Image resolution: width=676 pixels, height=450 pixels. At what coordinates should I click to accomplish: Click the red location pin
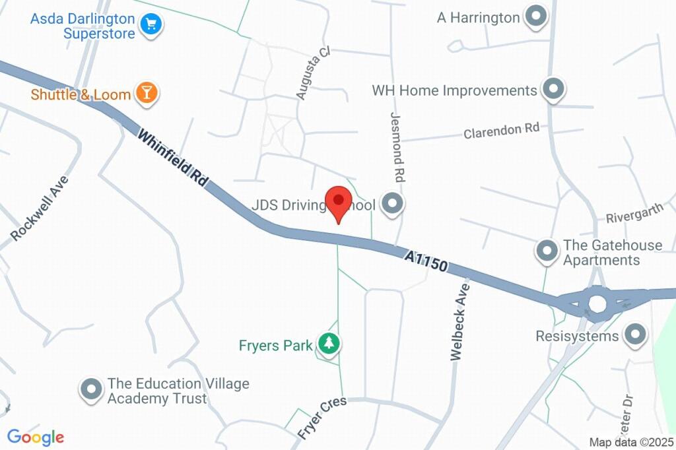coord(339,201)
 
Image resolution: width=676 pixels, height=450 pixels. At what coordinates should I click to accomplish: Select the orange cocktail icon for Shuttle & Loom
coord(146,94)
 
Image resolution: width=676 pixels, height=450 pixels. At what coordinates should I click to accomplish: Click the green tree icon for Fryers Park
coord(328,343)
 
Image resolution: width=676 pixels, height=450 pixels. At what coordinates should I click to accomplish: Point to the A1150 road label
coord(426,260)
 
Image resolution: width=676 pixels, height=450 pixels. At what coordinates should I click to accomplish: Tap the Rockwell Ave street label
coord(40,207)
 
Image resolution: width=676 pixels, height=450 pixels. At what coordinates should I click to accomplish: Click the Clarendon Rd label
coord(501,131)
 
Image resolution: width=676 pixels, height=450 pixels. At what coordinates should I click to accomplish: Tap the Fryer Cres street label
coord(321,418)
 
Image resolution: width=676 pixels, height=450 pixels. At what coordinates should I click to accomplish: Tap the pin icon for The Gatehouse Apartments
coord(547,251)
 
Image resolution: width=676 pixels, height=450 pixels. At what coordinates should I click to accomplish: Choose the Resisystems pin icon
coord(636,336)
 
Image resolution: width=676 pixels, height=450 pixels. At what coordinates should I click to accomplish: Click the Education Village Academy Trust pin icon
coord(90,390)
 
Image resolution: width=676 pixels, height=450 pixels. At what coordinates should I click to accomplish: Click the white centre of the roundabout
coord(597,303)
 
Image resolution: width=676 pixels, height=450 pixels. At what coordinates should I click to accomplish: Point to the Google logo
coord(36,437)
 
